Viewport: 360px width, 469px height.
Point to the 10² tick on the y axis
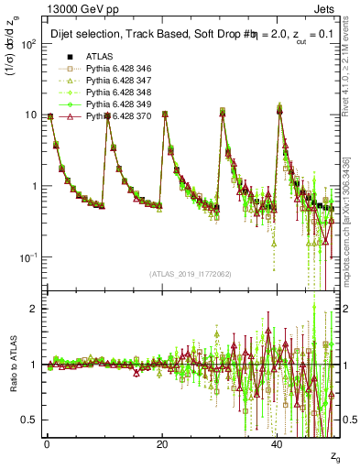click(x=28, y=44)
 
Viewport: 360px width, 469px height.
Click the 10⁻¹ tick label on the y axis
click(x=27, y=257)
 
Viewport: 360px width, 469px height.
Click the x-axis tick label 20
click(x=162, y=444)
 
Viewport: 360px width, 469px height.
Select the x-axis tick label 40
click(x=277, y=444)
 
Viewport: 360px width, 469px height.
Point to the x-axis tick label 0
click(x=47, y=444)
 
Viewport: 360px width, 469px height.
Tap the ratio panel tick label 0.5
click(x=29, y=420)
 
